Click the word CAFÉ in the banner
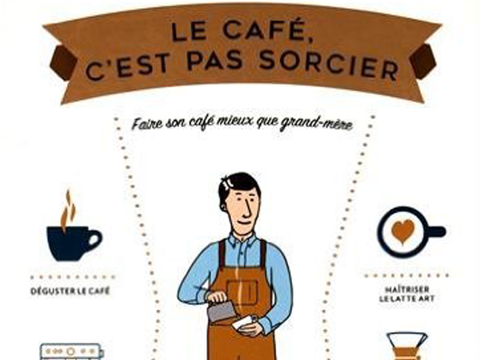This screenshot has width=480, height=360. click(263, 30)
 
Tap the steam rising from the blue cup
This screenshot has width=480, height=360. click(68, 210)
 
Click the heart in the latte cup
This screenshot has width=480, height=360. click(402, 231)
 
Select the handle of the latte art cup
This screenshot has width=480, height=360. click(436, 232)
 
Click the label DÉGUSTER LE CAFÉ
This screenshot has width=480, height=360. click(70, 291)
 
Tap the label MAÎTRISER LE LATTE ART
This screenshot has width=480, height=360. click(407, 294)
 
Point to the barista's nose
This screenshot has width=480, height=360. click(248, 209)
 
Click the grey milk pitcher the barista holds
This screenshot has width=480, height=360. click(221, 310)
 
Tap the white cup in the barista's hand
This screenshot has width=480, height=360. click(245, 322)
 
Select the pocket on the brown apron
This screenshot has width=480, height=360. click(242, 291)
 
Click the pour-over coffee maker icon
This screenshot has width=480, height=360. click(407, 346)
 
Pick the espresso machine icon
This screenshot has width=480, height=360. click(72, 352)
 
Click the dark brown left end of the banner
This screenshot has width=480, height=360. click(62, 62)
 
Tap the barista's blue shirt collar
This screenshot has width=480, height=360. click(242, 241)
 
